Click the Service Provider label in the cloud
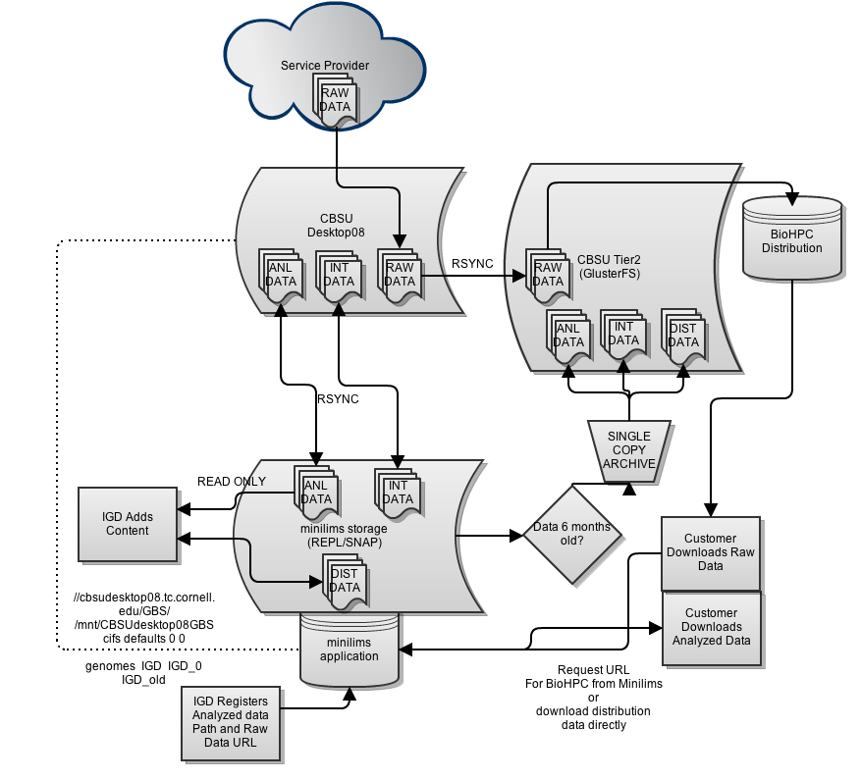pos(325,66)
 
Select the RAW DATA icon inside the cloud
pos(335,101)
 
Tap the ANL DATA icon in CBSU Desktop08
pos(281,276)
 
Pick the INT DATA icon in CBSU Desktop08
pos(339,276)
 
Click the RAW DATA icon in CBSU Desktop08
pos(400,276)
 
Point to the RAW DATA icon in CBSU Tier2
pos(548,276)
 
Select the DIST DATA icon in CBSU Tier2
pos(683,337)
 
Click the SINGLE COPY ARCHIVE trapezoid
pos(629,451)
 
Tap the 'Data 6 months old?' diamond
pos(572,534)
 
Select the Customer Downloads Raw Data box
pos(711,553)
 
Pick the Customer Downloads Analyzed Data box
pos(712,628)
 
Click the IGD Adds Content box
pos(128,524)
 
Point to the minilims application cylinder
pos(350,650)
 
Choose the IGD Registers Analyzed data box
pos(231,723)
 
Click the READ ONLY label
pos(231,482)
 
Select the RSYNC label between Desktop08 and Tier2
pos(472,264)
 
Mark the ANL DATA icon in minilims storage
pos(316,494)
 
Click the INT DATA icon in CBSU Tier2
pos(623,336)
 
